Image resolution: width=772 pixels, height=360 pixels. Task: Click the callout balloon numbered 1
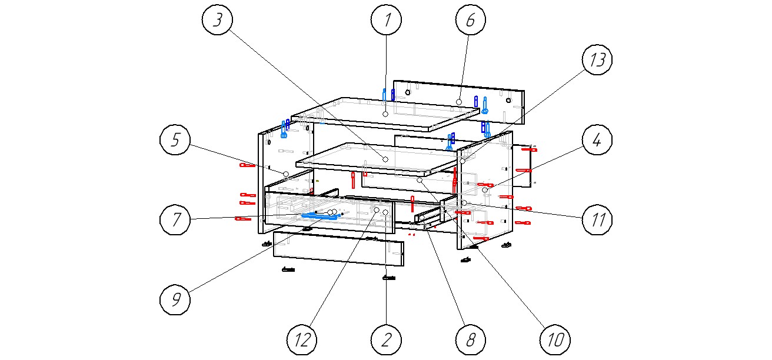387,20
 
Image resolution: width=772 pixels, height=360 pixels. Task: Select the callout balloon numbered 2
387,339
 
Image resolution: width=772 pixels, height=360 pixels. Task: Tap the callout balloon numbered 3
218,20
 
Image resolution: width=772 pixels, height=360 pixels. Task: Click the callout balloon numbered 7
175,220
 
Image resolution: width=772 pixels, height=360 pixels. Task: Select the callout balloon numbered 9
175,300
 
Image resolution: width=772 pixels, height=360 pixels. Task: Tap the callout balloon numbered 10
555,339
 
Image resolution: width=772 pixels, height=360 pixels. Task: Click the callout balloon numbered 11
597,220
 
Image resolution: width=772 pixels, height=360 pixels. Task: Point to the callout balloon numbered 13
597,61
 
